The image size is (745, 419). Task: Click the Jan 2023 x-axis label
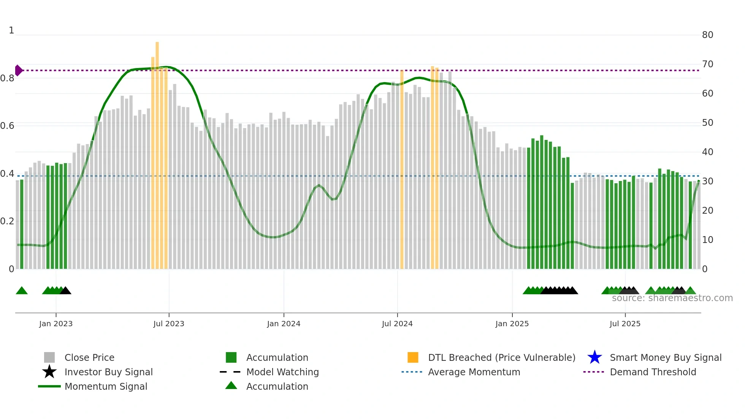coord(55,324)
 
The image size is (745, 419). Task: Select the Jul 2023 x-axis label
coord(169,324)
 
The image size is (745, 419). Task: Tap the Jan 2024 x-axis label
coord(284,324)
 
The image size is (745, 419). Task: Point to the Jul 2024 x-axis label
coord(397,324)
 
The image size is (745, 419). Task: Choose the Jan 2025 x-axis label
coord(512,324)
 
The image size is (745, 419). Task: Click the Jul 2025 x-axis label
coord(625,324)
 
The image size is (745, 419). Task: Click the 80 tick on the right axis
coord(707,35)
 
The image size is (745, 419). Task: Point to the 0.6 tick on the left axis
coord(7,126)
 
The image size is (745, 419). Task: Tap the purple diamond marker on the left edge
coord(18,70)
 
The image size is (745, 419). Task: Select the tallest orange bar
coord(157,152)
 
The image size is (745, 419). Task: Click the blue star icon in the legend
coord(594,357)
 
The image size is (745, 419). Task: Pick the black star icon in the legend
coord(49,372)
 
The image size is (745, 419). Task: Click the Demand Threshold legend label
coord(653,372)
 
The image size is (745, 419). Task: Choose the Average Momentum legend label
coord(474,372)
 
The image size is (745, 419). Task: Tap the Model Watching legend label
coord(282,372)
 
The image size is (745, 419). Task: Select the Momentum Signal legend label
coord(106,386)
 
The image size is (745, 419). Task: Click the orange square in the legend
coord(413,357)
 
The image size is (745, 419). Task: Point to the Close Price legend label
coord(89,357)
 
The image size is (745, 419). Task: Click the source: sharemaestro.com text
coord(672,298)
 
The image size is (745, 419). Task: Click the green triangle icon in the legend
coord(231,386)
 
